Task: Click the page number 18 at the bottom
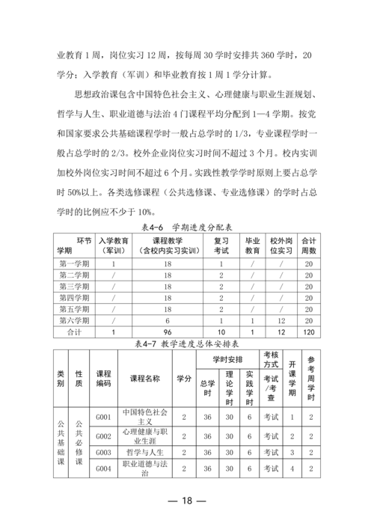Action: [x=186, y=501]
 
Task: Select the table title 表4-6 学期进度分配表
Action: [x=187, y=226]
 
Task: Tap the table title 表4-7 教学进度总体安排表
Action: [x=187, y=343]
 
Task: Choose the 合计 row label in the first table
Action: [x=74, y=331]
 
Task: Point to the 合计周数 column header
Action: [x=308, y=245]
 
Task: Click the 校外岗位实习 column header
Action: [x=280, y=245]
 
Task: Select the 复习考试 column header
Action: [x=221, y=245]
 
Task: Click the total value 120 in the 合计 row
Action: [x=308, y=331]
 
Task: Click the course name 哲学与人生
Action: [x=144, y=452]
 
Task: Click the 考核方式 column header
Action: [x=272, y=358]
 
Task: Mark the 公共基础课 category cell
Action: [x=61, y=441]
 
